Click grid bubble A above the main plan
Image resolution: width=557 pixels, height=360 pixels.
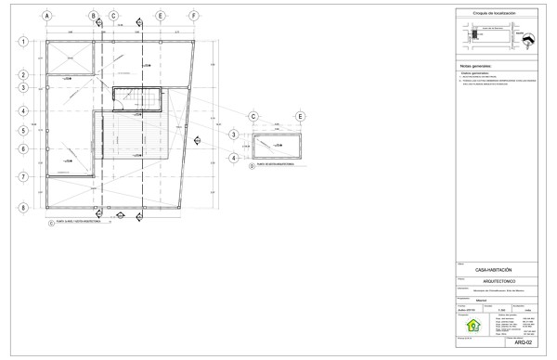tap(45, 16)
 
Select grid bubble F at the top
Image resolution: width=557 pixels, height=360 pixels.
tap(192, 16)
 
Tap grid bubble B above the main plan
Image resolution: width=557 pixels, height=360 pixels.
tap(94, 16)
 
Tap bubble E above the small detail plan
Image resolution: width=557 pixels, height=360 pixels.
tap(300, 116)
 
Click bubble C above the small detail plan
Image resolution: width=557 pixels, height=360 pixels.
tap(253, 116)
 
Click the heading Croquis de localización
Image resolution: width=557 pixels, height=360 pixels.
tap(492, 14)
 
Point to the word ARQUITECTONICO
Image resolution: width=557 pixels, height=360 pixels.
tap(492, 280)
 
